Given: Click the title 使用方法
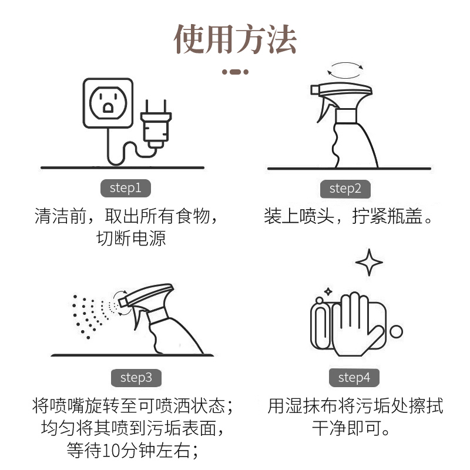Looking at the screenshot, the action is click(x=236, y=39).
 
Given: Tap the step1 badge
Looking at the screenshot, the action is click(x=126, y=188).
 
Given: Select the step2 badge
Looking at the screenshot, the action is click(x=345, y=189).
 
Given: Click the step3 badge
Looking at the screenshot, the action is click(x=136, y=378).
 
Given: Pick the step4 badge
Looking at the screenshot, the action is click(x=354, y=378).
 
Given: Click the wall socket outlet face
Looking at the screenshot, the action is click(x=108, y=103).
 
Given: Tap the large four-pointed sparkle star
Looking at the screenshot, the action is click(x=369, y=262).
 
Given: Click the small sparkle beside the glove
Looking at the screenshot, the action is click(x=328, y=291).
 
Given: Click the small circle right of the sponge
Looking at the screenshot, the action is click(x=396, y=332).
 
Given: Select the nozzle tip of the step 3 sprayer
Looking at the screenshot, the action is click(x=122, y=302).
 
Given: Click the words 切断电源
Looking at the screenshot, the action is click(x=131, y=239).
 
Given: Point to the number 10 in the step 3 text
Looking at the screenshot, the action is click(x=111, y=451).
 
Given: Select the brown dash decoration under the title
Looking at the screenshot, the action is click(x=236, y=72).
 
